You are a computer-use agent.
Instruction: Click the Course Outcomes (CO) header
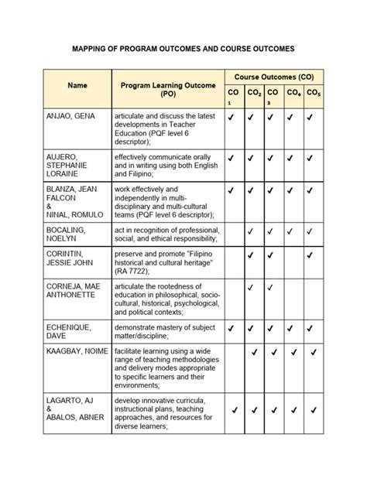pyautogui.click(x=274, y=77)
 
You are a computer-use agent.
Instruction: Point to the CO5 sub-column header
pyautogui.click(x=313, y=94)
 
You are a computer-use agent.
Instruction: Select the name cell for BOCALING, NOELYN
pyautogui.click(x=69, y=235)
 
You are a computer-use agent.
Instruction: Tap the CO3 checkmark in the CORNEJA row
pyautogui.click(x=270, y=288)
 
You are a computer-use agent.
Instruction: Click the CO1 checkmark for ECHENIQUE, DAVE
pyautogui.click(x=232, y=328)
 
